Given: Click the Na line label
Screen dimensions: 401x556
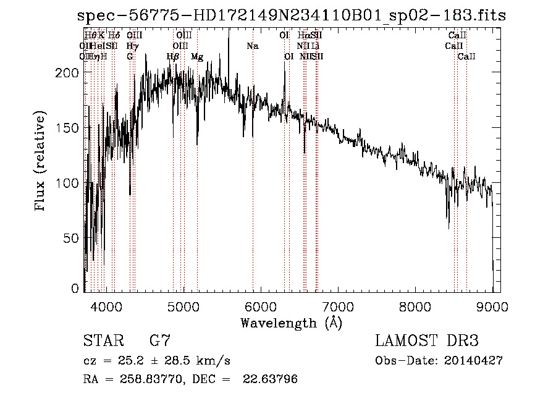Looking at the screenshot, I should coord(252,46).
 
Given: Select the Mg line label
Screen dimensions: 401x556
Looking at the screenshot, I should coord(197,57).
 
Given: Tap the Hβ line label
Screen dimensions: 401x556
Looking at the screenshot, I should coord(173,57).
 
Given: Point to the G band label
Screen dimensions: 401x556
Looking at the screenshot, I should coord(130,57).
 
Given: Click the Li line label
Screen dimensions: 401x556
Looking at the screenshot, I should coord(315,46).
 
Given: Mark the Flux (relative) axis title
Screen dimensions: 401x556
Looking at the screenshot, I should coord(41,163).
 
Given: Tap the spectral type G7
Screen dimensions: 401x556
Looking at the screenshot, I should coord(160,341).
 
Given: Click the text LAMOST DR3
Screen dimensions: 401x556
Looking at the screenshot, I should coord(427,341).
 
